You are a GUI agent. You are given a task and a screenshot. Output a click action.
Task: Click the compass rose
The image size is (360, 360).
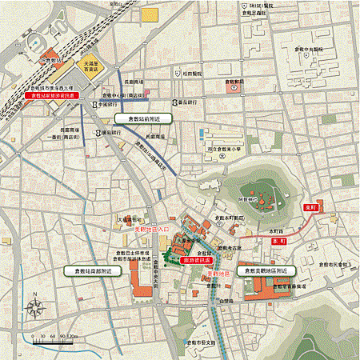pyautogui.click(x=35, y=306)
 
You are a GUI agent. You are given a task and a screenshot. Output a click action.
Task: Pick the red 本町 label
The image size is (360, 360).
pyautogui.click(x=278, y=240)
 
